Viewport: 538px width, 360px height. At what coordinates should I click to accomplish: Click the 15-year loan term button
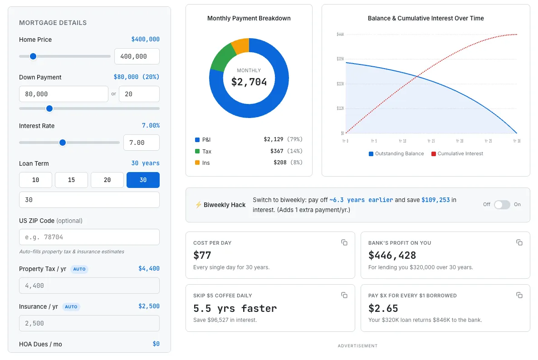(x=71, y=180)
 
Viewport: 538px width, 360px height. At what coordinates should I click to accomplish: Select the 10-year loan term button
(x=35, y=180)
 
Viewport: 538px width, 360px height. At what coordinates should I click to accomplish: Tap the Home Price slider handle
(x=33, y=56)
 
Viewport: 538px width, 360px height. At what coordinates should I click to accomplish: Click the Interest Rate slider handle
(x=63, y=143)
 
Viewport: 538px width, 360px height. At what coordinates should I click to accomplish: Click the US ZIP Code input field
(x=89, y=237)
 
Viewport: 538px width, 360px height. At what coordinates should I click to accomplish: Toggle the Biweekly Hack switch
(x=502, y=205)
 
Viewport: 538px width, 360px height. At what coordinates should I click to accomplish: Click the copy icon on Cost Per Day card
(x=344, y=242)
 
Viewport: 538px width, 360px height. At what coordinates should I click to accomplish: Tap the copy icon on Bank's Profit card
(x=519, y=242)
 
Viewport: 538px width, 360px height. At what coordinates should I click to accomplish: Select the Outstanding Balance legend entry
(x=396, y=154)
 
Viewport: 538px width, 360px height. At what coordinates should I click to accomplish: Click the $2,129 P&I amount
(x=273, y=139)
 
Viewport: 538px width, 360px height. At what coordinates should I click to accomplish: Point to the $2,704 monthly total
(x=249, y=82)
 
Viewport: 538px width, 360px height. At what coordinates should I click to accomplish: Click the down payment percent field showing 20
(x=139, y=94)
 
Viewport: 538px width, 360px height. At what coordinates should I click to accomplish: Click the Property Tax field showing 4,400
(x=89, y=286)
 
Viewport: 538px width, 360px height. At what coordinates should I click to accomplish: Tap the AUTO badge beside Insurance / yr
(x=71, y=307)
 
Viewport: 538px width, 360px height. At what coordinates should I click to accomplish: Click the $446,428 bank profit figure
(x=392, y=255)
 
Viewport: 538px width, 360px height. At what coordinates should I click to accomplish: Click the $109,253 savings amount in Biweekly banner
(x=436, y=200)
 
